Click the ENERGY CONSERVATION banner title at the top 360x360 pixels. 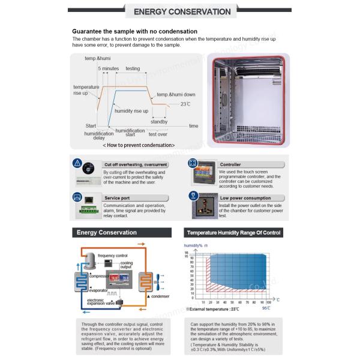(x=181, y=11)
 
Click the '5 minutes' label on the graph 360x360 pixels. (x=109, y=69)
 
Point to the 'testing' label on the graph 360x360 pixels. (x=133, y=69)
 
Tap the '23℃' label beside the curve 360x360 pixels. (x=185, y=104)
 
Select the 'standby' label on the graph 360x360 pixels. (x=159, y=121)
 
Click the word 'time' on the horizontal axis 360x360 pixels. (x=193, y=126)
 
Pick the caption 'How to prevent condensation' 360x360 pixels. (x=139, y=145)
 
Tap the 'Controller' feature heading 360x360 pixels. (x=230, y=164)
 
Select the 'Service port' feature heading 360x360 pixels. (x=117, y=197)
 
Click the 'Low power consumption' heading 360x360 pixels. (x=245, y=197)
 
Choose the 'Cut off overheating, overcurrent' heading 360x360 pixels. (x=136, y=164)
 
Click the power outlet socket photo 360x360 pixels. (x=201, y=209)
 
